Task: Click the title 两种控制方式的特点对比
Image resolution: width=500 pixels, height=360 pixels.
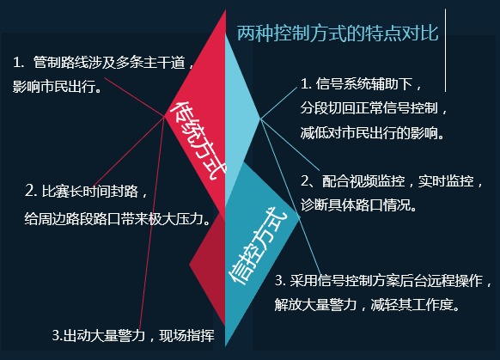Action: point(338,34)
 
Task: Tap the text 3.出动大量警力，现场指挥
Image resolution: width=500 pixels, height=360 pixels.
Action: point(133,334)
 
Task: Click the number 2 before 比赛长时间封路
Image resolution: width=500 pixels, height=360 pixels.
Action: point(30,190)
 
